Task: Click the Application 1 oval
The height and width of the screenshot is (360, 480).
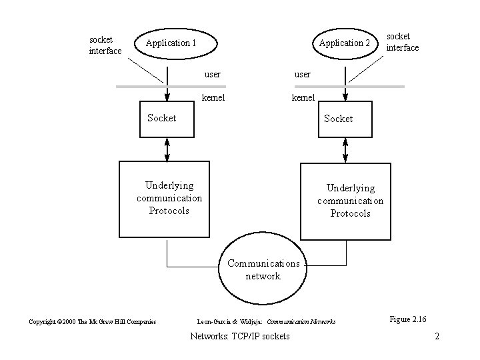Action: (171, 43)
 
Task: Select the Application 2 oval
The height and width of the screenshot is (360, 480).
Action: (344, 43)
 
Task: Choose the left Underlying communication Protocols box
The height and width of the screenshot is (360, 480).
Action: (169, 197)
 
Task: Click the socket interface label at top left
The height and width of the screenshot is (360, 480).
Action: (105, 45)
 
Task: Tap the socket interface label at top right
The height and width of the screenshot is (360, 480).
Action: (403, 41)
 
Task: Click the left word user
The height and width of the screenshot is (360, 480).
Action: (212, 74)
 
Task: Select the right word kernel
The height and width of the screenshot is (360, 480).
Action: (303, 98)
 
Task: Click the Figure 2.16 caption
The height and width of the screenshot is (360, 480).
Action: (408, 319)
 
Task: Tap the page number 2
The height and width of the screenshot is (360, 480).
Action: (437, 337)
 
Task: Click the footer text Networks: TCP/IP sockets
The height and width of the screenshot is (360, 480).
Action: (240, 337)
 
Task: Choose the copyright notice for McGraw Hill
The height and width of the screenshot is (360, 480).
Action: (93, 322)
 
